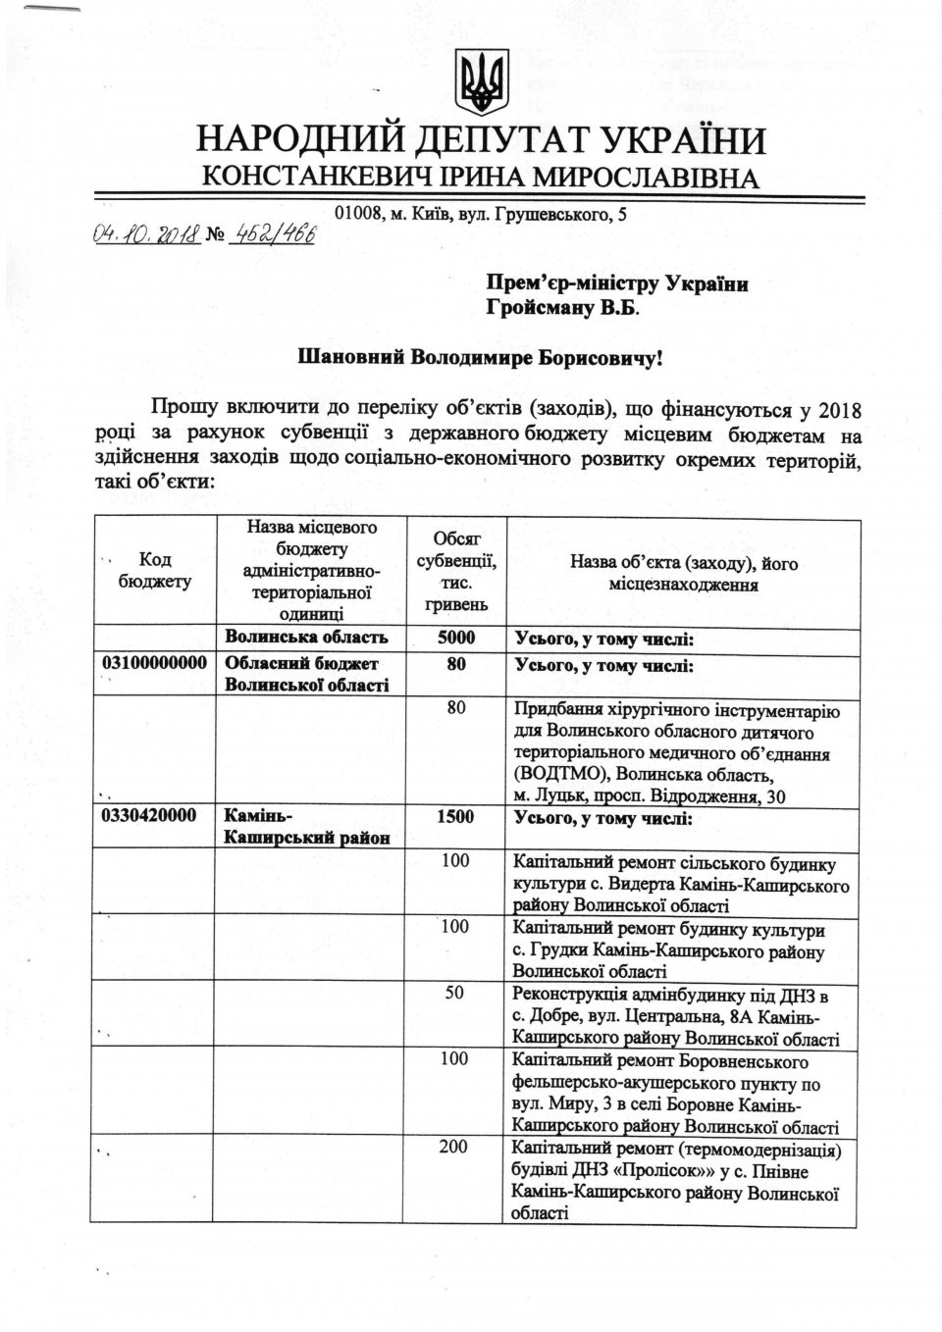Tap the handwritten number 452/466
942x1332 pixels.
coord(270,234)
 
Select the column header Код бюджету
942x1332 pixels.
coord(155,570)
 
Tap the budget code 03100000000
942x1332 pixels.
coord(154,664)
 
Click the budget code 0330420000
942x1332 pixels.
coord(148,817)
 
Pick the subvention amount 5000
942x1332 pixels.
coord(455,639)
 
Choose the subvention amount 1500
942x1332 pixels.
coord(455,817)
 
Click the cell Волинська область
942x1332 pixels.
coord(306,639)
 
